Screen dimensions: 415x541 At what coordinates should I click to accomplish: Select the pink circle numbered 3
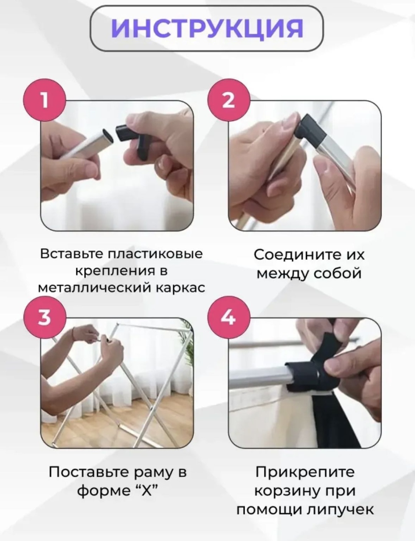click(45, 318)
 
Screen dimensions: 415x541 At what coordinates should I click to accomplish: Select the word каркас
click(181, 288)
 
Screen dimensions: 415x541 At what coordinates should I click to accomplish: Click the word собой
click(337, 273)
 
